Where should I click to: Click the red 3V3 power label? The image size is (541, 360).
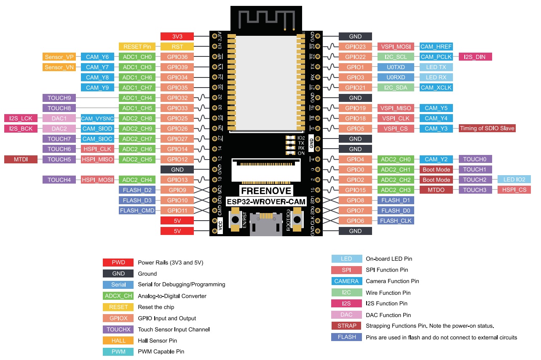click(177, 37)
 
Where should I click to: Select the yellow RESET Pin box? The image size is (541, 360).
click(137, 47)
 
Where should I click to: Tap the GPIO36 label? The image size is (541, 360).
click(177, 57)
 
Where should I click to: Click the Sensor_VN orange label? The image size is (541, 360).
click(59, 67)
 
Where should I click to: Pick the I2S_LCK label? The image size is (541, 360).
click(21, 118)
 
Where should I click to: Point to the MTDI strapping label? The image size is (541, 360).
click(21, 159)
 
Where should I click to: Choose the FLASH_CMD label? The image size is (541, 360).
click(137, 211)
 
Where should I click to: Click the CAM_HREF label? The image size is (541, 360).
click(436, 47)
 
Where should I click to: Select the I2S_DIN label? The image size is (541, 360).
click(475, 57)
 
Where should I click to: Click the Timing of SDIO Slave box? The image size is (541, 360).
click(487, 128)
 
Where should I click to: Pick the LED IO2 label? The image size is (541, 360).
click(514, 180)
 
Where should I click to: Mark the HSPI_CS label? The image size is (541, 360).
click(514, 190)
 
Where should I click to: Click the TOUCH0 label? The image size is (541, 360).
click(475, 159)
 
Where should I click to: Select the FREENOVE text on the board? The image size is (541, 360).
click(265, 191)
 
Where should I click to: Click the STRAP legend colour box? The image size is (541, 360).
click(346, 326)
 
